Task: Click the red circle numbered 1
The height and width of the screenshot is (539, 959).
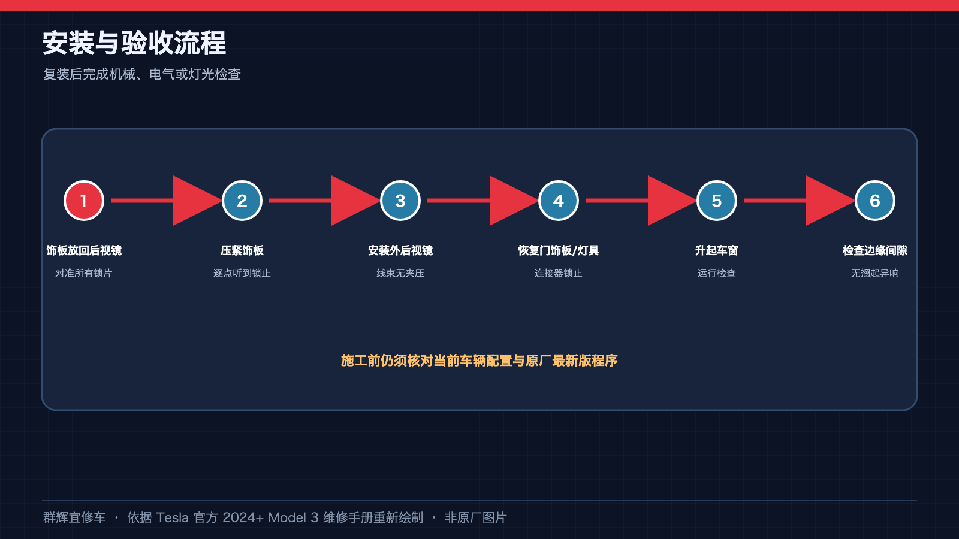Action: pos(84,201)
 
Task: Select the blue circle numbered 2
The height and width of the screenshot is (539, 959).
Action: pos(242,201)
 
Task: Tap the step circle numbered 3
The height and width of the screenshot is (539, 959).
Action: pos(400,201)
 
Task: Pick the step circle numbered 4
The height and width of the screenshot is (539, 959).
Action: pos(558,201)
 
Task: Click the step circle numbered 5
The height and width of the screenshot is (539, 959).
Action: pos(717,201)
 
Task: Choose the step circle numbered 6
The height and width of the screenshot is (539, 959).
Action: pos(874,201)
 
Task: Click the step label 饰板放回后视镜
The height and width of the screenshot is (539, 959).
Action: pos(84,250)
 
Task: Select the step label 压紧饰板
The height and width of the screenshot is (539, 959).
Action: pos(242,250)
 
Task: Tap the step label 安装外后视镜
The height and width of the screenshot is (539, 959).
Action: pos(400,250)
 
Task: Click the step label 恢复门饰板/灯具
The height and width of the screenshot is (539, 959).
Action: pos(558,250)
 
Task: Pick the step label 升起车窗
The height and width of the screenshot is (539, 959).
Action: pos(717,250)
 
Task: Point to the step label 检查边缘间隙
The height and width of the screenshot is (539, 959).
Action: pos(874,250)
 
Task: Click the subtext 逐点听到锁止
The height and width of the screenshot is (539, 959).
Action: pos(242,273)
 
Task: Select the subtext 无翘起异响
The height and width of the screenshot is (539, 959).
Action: pos(874,273)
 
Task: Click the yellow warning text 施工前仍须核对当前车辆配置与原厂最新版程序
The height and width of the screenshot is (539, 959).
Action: pos(479,361)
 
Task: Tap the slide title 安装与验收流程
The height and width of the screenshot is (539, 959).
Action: pos(134,43)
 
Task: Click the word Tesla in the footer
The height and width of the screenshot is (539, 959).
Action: pos(172,517)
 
